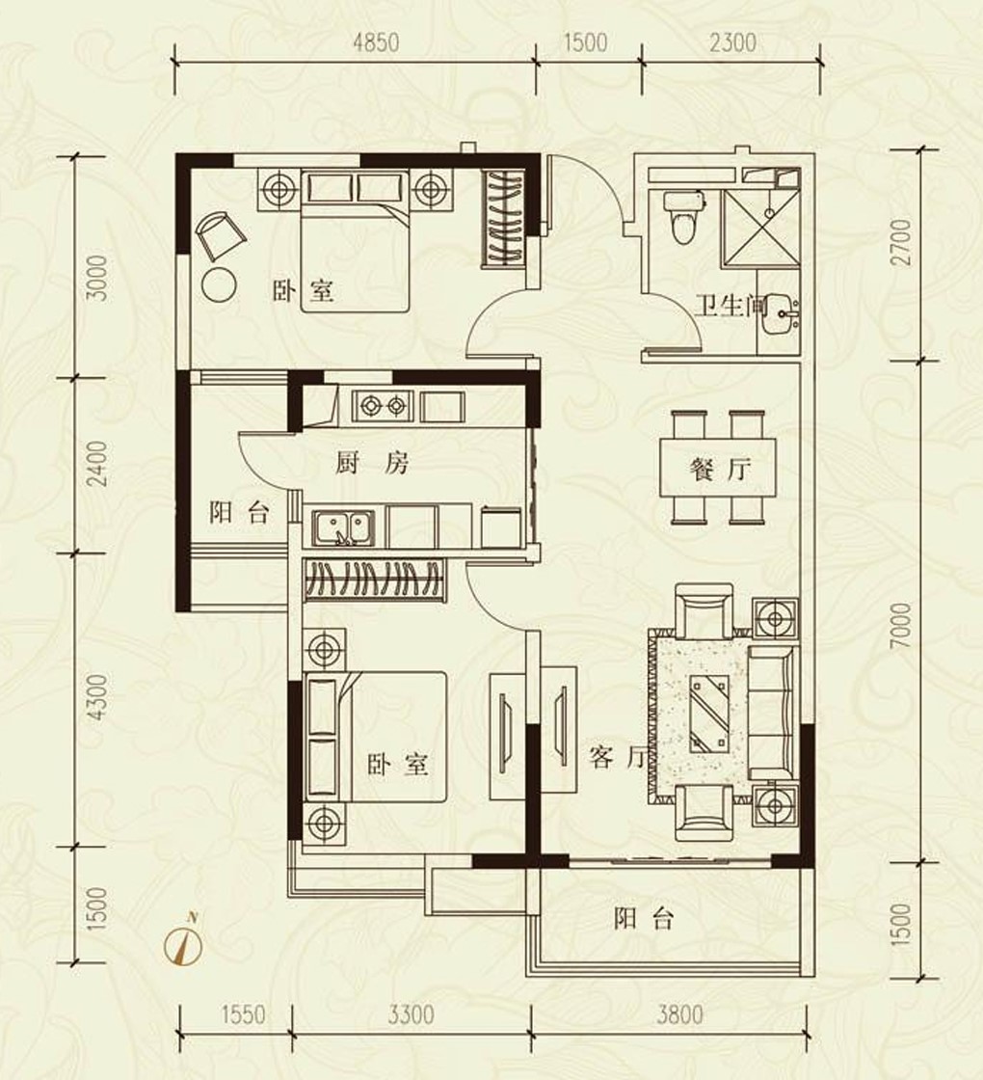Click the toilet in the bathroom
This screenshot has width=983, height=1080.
[x=683, y=217]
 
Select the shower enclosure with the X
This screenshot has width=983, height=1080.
[x=761, y=228]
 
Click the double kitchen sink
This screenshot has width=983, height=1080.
[x=343, y=528]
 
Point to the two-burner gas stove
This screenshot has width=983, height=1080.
[x=382, y=406]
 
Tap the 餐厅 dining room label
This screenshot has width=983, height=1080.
[x=719, y=470]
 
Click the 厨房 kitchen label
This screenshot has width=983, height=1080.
[x=372, y=464]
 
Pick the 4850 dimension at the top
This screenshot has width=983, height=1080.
[x=376, y=42]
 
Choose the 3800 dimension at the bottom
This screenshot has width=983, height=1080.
[x=679, y=1014]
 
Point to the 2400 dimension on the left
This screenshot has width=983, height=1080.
[x=98, y=464]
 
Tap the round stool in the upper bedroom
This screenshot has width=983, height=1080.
[x=220, y=283]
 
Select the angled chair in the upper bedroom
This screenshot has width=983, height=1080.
[x=221, y=235]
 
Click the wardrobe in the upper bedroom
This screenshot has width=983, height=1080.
[x=506, y=218]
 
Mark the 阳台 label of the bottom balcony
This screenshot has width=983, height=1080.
[x=644, y=920]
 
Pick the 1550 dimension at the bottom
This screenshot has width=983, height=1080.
[x=243, y=1014]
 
